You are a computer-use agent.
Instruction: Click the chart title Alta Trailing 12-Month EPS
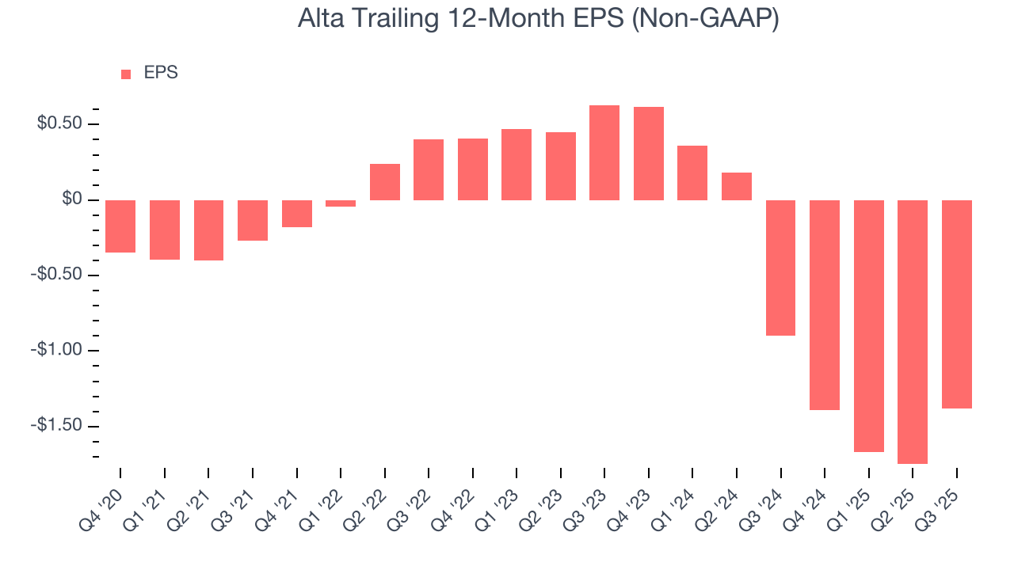pos(538,19)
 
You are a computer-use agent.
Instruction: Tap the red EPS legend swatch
pos(126,74)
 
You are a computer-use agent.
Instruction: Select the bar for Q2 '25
pos(912,332)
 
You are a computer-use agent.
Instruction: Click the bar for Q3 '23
pos(604,153)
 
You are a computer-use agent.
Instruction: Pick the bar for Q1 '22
pos(341,203)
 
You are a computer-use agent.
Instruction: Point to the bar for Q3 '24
pos(780,268)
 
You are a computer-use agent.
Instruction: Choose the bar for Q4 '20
pos(120,226)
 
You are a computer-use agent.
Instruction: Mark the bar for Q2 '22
pos(385,182)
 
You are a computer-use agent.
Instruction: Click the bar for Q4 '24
pos(824,305)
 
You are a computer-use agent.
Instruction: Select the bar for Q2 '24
pos(737,186)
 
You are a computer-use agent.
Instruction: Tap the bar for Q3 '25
pos(956,304)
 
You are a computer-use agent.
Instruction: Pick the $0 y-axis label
pos(73,199)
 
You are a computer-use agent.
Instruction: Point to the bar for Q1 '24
pos(692,173)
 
